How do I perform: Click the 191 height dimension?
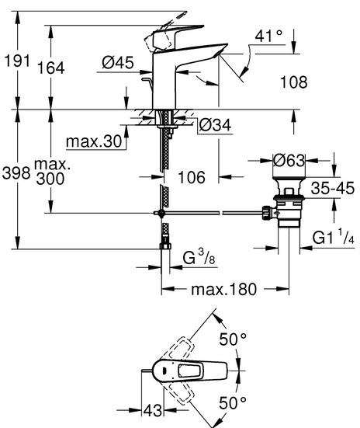coord(17,61)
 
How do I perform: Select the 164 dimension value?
coord(51,68)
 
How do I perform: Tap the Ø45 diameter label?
coord(118,62)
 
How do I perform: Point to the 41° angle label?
coord(268,36)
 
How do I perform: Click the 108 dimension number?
coord(294,82)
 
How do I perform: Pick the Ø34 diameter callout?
coord(215,125)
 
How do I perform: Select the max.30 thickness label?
coord(94,141)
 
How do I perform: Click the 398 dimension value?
coord(16,173)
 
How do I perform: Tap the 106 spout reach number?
coord(192,177)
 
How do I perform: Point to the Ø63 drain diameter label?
coord(289,160)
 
